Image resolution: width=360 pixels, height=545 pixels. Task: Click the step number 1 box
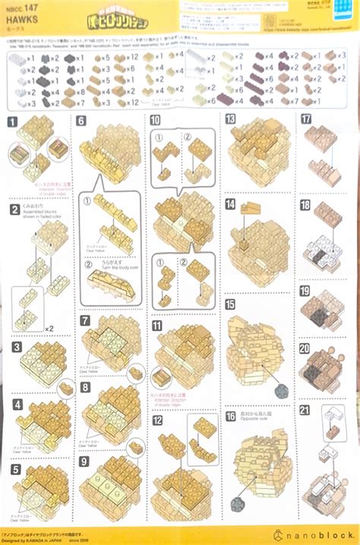point(14,121)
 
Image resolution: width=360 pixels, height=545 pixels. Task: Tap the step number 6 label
point(81,120)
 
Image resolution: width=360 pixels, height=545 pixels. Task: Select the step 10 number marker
point(155,120)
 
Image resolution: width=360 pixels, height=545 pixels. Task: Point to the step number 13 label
point(230,119)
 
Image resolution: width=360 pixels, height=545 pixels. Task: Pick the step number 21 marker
point(305,410)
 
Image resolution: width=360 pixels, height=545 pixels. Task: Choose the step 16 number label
point(230,416)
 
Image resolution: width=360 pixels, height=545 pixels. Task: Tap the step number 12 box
point(156,419)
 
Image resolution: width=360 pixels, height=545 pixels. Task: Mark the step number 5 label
point(14,469)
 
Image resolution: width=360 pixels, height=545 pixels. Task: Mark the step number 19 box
point(305,291)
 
